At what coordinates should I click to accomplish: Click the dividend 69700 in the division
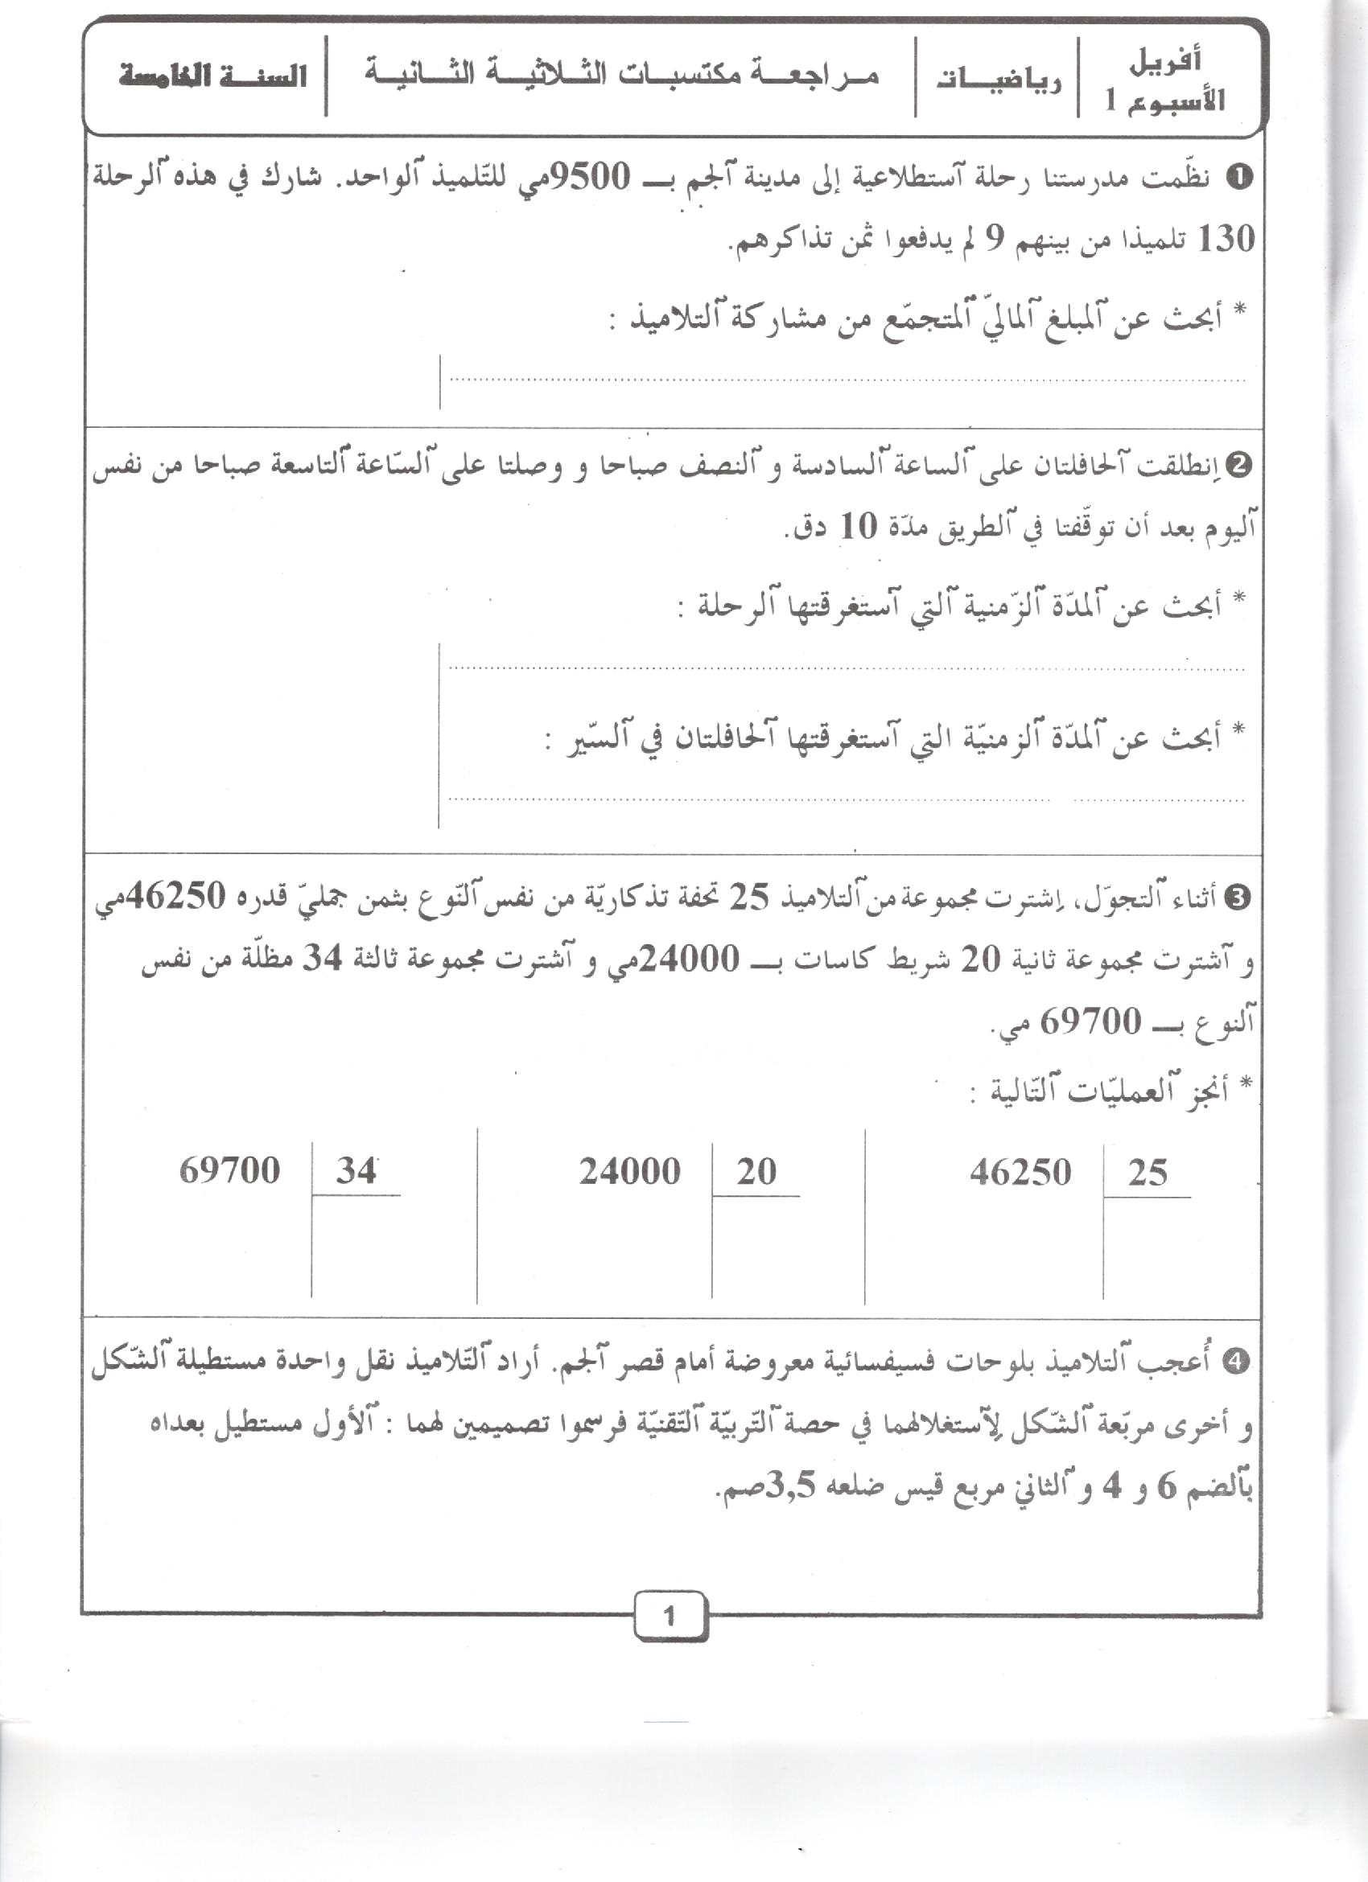click(x=229, y=1172)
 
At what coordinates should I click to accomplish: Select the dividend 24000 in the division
click(x=630, y=1172)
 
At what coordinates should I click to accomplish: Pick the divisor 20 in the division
click(x=756, y=1172)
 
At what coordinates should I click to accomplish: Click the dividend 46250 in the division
click(x=1020, y=1173)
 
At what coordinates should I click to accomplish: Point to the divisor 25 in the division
click(x=1148, y=1173)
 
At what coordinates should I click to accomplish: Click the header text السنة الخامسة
click(x=212, y=77)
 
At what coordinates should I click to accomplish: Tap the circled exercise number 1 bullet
click(x=1242, y=178)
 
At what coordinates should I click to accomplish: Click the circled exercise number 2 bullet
click(x=1242, y=466)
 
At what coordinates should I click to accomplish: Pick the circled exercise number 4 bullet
click(x=1242, y=1362)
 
